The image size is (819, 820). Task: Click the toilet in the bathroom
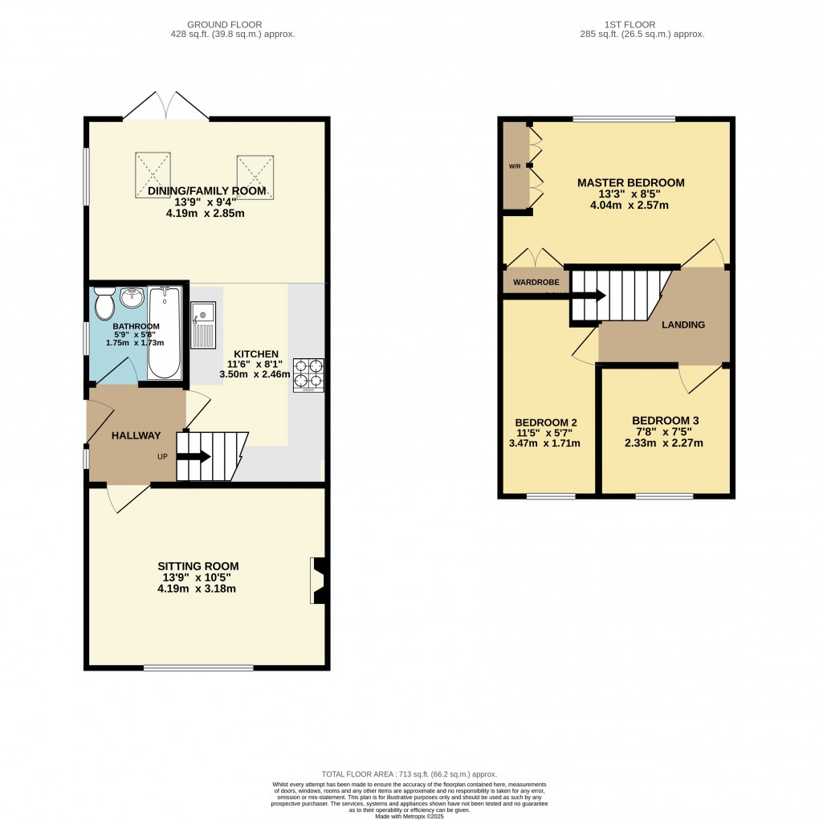tap(104, 302)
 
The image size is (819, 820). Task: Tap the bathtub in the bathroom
tap(165, 333)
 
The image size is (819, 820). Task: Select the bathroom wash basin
tap(130, 298)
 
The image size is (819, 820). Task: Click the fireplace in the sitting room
tap(318, 581)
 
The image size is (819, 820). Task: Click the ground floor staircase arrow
tap(193, 457)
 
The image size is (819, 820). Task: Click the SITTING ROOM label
tap(198, 566)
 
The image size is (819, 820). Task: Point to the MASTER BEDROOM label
tap(631, 183)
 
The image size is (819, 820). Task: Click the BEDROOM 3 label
tap(665, 421)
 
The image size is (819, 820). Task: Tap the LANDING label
tap(682, 325)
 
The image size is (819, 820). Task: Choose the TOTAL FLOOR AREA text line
tap(410, 773)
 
